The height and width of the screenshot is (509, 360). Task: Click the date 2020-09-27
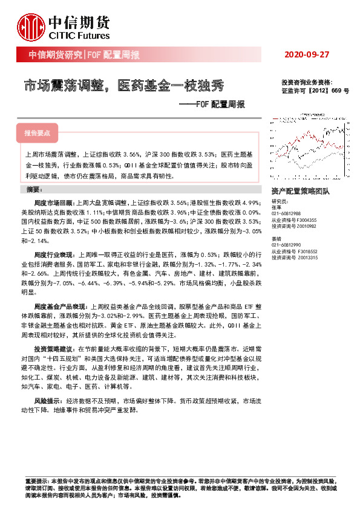pos(306,55)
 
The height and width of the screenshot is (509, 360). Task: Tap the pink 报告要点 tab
pos(37,132)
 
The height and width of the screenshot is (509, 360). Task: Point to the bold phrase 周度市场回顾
pos(53,202)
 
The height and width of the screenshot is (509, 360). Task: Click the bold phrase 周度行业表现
pos(53,256)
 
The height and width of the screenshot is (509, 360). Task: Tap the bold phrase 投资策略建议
pos(53,349)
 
